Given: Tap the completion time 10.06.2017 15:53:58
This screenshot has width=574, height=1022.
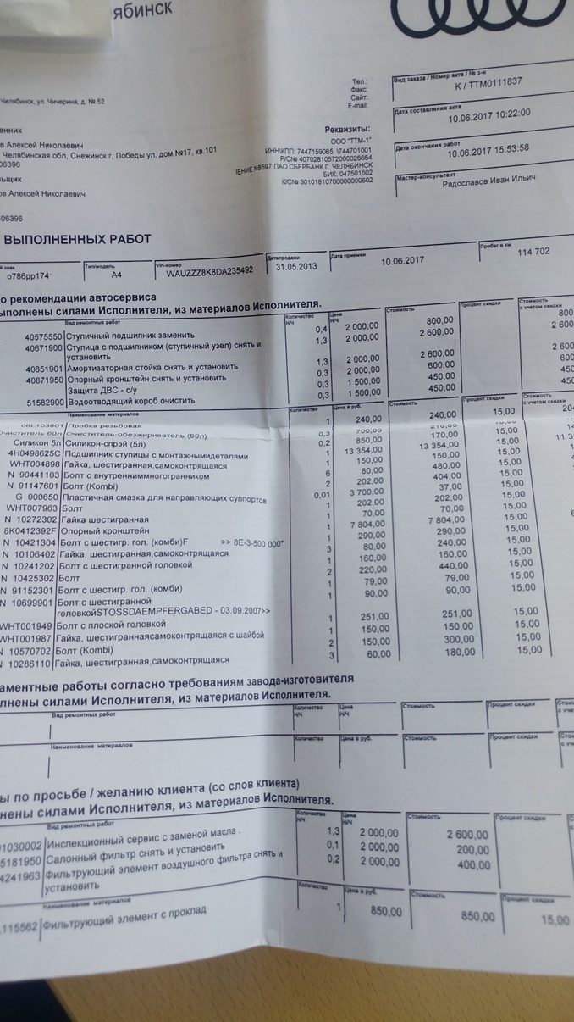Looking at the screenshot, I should tap(488, 152).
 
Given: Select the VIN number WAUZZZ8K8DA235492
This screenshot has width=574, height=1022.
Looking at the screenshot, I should tap(210, 273).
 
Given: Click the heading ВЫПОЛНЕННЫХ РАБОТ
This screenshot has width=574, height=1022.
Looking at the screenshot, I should tap(78, 239).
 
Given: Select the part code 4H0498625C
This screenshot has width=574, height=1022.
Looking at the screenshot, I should tap(30, 453).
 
